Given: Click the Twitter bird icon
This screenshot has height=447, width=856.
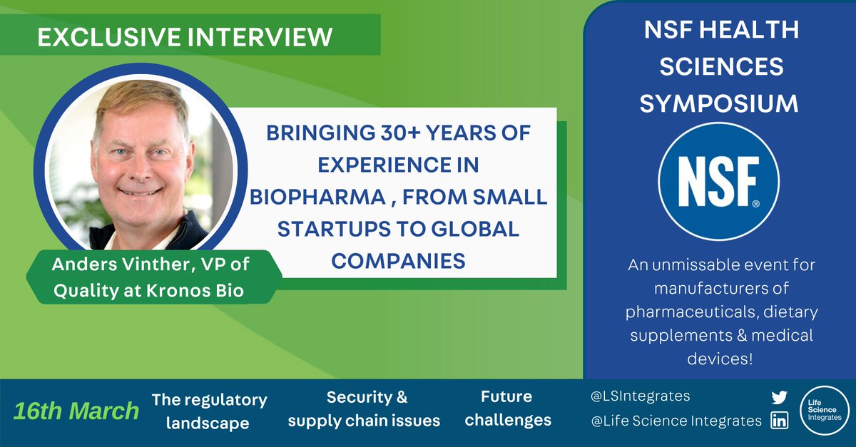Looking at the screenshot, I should click(x=779, y=398).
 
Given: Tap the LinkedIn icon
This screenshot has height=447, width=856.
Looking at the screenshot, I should click(x=779, y=421).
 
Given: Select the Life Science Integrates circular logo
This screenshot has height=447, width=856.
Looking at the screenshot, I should click(x=824, y=411).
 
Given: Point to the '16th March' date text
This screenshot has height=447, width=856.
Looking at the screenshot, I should click(x=76, y=411).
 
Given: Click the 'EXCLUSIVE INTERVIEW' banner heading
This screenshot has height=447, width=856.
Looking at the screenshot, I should click(x=185, y=37).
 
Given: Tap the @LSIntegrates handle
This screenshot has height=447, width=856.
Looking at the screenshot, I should click(x=641, y=396).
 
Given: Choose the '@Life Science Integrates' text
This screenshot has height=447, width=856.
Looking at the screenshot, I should click(x=676, y=421).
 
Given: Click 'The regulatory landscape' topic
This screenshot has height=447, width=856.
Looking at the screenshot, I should click(x=209, y=411).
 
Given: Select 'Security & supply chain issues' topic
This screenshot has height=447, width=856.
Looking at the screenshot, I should click(x=363, y=409).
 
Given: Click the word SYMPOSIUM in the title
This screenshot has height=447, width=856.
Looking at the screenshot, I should click(x=719, y=103).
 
